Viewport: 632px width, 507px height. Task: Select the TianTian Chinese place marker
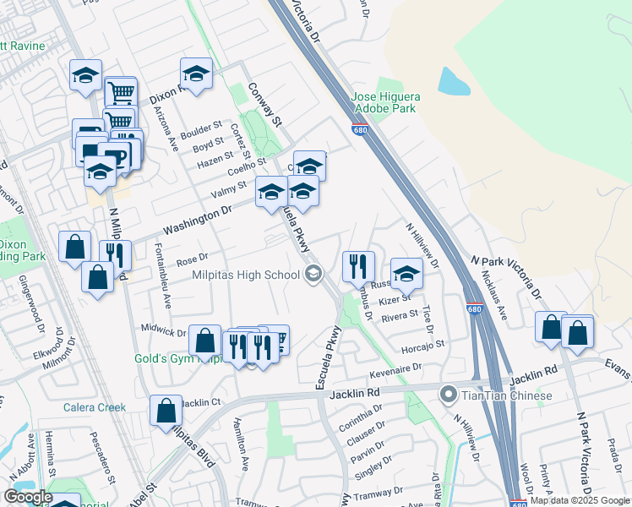448,395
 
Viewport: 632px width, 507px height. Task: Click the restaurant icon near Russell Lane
358,266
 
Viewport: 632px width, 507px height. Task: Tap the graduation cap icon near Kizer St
406,273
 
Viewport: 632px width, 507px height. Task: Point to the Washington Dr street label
198,222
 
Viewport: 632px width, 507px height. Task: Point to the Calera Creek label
95,407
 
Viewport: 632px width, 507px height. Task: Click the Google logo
27,497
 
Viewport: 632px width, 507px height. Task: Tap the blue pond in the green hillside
454,81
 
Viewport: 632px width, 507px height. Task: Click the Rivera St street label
400,316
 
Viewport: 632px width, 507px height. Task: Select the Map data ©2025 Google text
579,500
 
